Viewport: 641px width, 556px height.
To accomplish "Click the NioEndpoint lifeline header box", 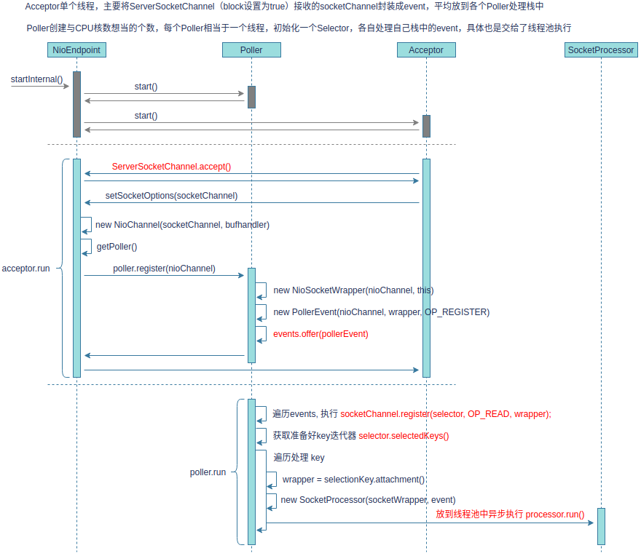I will [76, 50].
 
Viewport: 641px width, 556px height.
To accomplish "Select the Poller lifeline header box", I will [251, 50].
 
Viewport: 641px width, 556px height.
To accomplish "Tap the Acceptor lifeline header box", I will [426, 50].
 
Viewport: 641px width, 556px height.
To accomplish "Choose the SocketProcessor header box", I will [601, 50].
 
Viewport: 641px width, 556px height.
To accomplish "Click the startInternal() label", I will [36, 79].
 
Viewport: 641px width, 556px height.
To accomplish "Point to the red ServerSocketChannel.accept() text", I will [171, 167].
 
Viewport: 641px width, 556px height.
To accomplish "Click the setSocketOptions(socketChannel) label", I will [171, 196].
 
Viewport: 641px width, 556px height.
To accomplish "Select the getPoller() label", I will [117, 247].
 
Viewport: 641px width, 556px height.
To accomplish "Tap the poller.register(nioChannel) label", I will [164, 269].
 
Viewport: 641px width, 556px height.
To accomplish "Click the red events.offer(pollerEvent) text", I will [320, 334].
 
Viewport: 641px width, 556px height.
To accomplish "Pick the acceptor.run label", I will [26, 269].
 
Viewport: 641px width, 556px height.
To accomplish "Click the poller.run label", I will [208, 472].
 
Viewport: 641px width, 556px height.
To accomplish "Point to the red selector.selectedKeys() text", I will [404, 436].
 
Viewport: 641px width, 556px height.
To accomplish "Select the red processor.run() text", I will [554, 515].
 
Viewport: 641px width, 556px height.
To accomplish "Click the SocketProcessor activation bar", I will [601, 526].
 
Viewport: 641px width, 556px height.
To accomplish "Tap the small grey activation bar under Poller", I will [251, 97].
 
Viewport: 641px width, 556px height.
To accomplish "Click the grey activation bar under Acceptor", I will [426, 126].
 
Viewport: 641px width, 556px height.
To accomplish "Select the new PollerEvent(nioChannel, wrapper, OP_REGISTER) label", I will [381, 312].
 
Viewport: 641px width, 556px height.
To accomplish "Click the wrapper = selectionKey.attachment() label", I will [353, 480].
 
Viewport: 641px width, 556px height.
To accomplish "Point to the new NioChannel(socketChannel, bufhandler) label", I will [182, 225].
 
